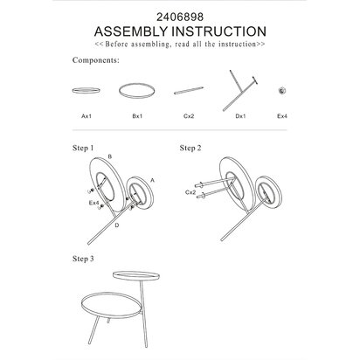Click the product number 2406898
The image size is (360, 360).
coord(180,17)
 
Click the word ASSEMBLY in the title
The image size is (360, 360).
coord(131,31)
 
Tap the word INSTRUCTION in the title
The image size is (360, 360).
coord(218,31)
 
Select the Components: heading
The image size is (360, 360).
coord(96,60)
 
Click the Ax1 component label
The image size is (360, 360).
coord(87,116)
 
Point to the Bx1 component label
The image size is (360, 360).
coord(137,116)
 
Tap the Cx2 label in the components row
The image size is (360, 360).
coord(189,116)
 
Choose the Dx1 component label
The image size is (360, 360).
coord(240,116)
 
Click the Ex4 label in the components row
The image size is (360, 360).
coord(282,116)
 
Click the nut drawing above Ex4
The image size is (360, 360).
coord(281,91)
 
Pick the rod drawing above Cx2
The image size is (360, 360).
coord(189,90)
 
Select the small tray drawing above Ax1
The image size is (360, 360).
coord(87,91)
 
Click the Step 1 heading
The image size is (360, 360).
coord(83,148)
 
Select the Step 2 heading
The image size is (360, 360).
coord(190,148)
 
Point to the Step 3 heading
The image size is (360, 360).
coord(83,259)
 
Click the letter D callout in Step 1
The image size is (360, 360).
coord(117,225)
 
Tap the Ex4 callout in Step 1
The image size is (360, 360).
coord(93,203)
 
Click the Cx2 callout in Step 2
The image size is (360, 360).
coord(190,192)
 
